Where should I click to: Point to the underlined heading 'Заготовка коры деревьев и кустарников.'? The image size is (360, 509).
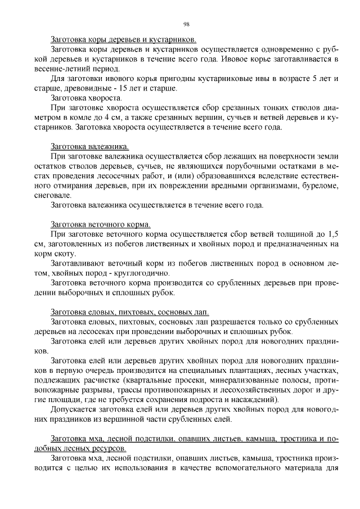123,40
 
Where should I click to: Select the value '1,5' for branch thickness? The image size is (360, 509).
332,233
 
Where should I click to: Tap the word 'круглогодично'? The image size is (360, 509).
133,273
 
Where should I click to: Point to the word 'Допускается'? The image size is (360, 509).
73,409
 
